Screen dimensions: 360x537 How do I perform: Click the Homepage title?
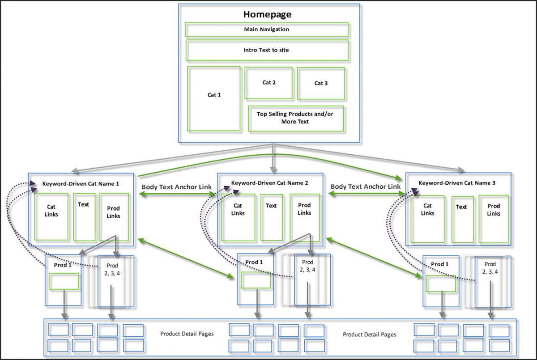(267, 14)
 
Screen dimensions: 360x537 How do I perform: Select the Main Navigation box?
(267, 30)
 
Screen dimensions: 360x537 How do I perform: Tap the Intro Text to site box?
(267, 50)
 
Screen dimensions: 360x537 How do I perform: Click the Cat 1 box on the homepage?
(214, 99)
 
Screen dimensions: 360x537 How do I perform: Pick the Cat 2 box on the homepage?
(268, 83)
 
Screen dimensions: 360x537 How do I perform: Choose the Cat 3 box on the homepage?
(321, 83)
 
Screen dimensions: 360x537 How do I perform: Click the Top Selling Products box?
(295, 118)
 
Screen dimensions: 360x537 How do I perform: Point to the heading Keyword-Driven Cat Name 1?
(81, 183)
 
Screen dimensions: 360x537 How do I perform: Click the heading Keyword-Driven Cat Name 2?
(270, 183)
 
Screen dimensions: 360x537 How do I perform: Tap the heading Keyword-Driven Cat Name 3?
(457, 183)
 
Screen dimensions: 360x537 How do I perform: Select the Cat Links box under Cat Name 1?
(52, 217)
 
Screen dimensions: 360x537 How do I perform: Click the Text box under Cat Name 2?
(272, 217)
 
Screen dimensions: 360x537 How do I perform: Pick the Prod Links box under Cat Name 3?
(494, 219)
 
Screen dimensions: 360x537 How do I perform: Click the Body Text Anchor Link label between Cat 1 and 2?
(176, 187)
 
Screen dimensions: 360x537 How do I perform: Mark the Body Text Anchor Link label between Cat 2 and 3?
(365, 186)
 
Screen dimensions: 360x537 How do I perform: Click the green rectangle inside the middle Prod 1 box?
(256, 280)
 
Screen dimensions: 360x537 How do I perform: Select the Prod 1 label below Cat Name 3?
(440, 264)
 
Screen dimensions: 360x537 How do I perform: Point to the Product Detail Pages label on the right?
(369, 335)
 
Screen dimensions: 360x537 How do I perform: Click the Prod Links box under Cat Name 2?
(304, 217)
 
